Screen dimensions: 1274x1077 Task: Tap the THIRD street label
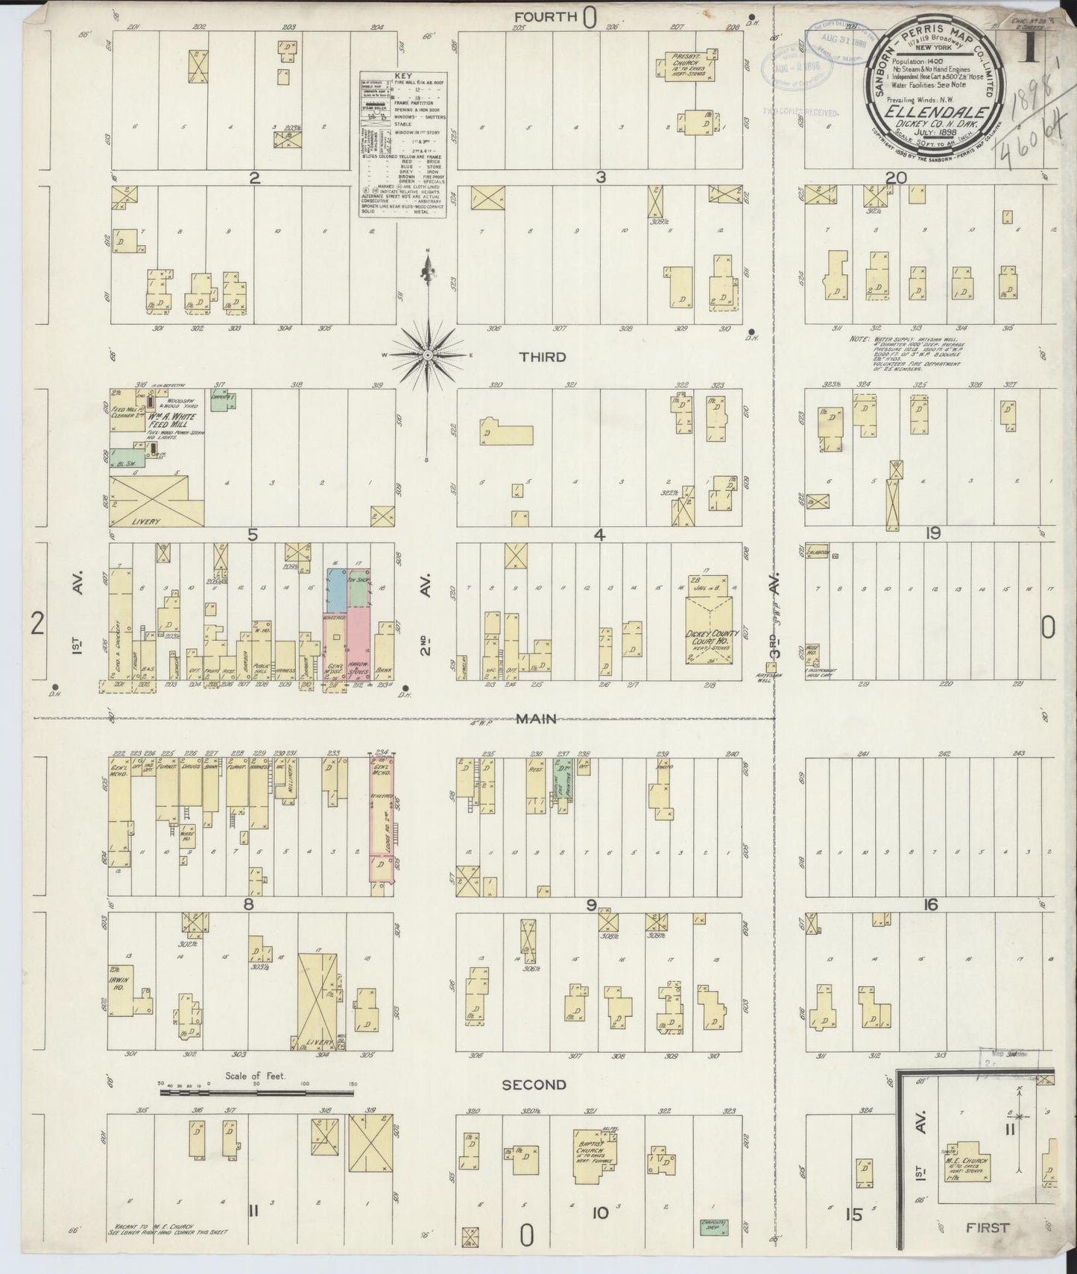(542, 358)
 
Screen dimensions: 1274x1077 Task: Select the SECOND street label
(534, 1085)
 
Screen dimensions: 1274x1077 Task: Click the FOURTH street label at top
(546, 16)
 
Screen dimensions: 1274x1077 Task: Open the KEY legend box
(403, 145)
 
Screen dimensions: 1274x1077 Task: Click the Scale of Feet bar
(256, 1093)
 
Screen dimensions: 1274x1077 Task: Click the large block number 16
(930, 905)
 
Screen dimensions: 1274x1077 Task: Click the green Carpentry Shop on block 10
(714, 1226)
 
